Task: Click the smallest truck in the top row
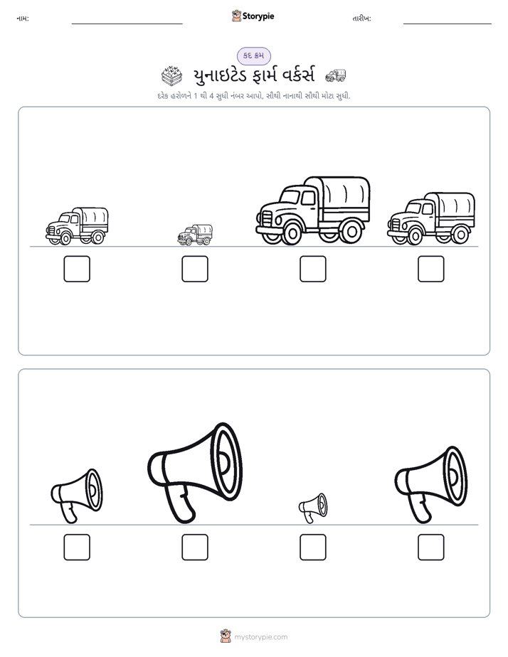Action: (195, 235)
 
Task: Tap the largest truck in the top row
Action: (313, 210)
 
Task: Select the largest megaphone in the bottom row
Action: (195, 473)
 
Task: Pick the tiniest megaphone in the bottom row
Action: (312, 508)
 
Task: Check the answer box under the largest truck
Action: (313, 269)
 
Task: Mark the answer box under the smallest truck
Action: (195, 269)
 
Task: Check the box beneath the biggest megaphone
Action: (195, 547)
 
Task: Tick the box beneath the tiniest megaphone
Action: (313, 547)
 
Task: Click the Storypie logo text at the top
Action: (258, 16)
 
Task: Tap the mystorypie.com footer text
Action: (260, 637)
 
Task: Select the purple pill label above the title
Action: (253, 55)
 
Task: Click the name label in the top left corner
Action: (23, 18)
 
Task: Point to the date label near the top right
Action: (361, 18)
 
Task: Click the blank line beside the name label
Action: (127, 24)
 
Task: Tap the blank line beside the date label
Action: (448, 24)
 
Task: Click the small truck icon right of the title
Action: (336, 75)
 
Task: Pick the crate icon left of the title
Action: (172, 75)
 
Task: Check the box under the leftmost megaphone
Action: (77, 547)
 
